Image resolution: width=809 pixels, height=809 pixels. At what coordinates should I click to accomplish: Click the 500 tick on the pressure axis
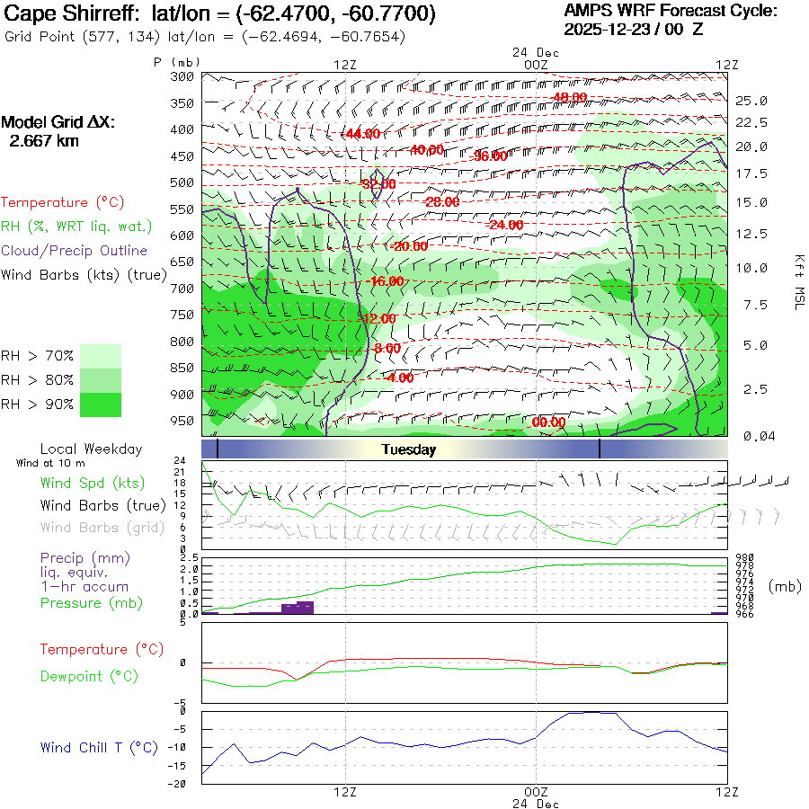pos(182,182)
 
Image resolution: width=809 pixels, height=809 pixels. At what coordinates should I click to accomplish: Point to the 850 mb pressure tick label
pos(182,368)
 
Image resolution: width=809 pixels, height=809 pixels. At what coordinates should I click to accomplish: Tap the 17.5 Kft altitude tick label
pos(751,173)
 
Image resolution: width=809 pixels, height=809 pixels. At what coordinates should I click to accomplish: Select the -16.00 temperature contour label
pos(387,281)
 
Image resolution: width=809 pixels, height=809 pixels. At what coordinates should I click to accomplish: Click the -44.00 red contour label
pos(362,134)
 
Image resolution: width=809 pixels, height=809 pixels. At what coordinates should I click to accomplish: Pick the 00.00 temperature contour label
pos(548,422)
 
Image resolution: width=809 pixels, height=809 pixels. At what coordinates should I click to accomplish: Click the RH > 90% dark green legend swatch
pos(101,404)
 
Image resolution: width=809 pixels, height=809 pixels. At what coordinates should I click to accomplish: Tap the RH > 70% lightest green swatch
pos(101,356)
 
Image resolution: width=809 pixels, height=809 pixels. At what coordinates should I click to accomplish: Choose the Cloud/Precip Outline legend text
pos(75,251)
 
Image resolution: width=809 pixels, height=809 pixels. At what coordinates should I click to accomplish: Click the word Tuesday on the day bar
pos(408,449)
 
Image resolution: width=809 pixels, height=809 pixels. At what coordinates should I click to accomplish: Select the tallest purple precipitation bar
pos(298,608)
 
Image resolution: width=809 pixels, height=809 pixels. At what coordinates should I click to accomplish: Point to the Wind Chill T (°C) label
pos(98,747)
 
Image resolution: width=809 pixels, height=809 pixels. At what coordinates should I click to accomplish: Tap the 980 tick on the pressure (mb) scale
pos(745,557)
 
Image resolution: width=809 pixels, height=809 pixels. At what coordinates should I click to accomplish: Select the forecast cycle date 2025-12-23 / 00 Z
pos(634,29)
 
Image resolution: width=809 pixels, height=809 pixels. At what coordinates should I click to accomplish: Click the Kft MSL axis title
pos(798,281)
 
